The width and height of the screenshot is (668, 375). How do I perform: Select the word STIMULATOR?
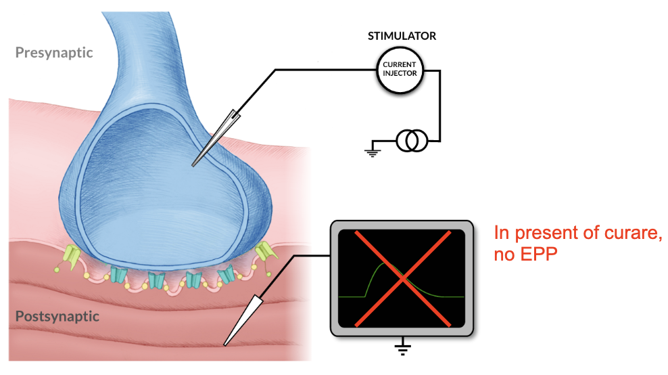coord(402,36)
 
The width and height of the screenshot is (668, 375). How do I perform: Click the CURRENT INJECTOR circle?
coord(400,69)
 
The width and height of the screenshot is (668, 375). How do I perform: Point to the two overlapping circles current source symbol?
coord(411,141)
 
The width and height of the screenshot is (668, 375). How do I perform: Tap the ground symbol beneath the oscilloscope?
coord(402,349)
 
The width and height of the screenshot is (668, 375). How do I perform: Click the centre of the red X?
coord(402,278)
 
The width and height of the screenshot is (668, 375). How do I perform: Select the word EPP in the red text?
coord(540,256)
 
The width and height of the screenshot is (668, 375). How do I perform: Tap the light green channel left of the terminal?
coord(72,255)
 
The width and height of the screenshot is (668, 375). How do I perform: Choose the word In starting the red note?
coord(501,234)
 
